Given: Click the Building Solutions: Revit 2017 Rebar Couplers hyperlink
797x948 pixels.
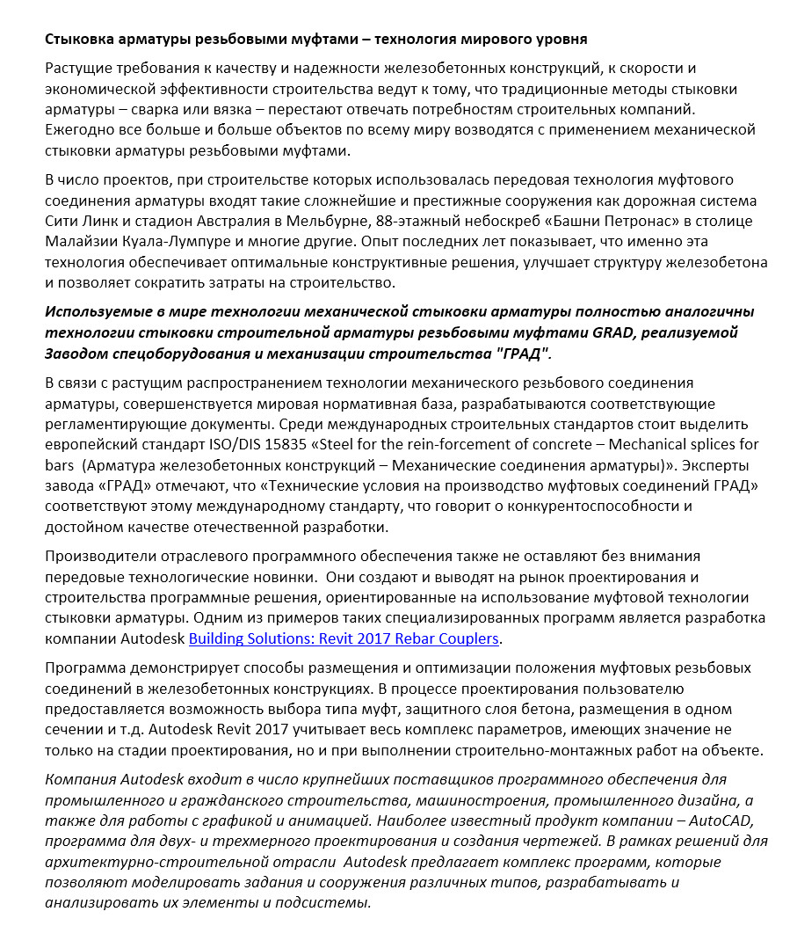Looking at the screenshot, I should point(344,638).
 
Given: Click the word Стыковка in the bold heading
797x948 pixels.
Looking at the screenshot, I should point(78,40).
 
